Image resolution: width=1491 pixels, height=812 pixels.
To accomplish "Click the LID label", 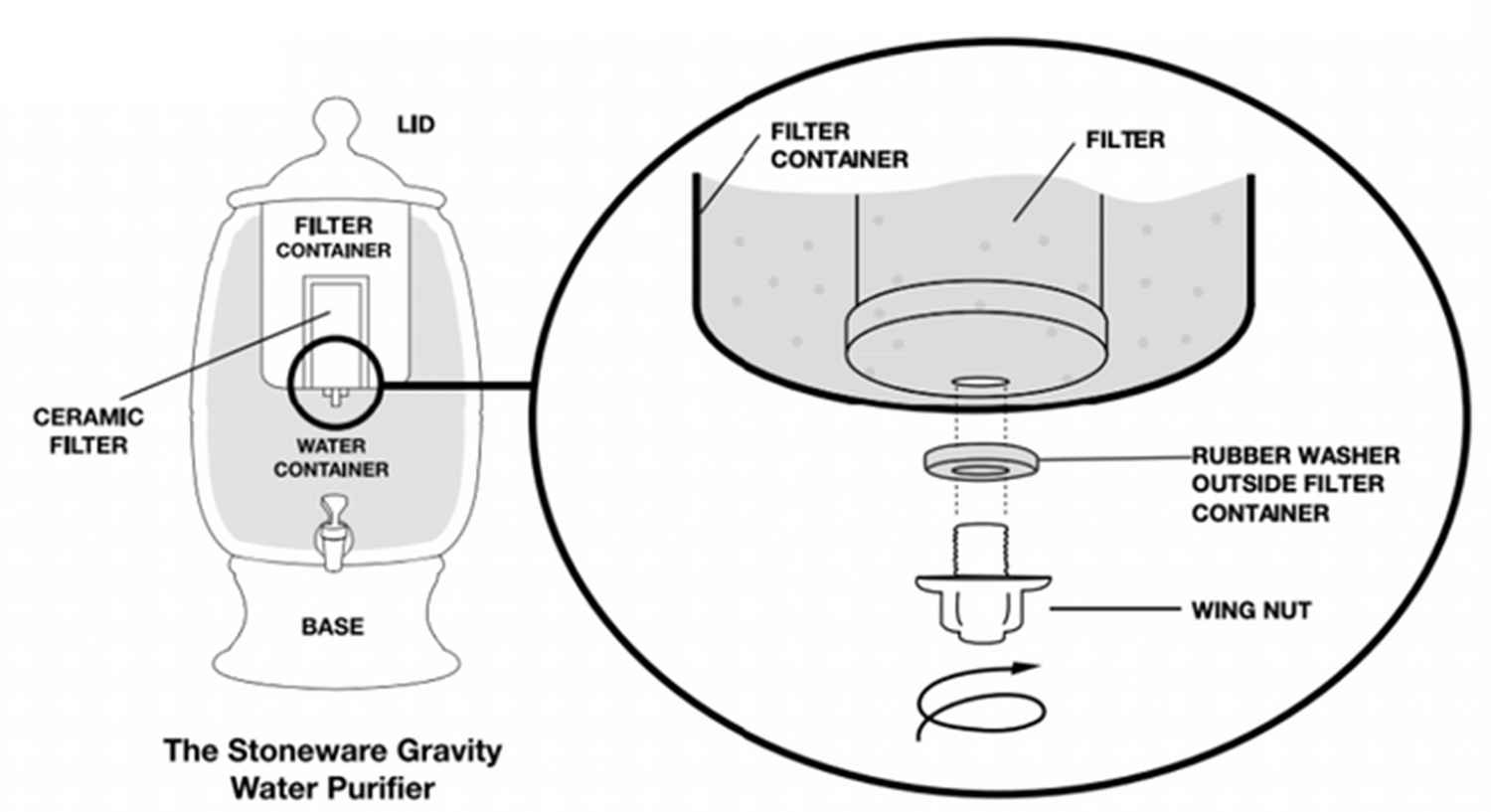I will [415, 125].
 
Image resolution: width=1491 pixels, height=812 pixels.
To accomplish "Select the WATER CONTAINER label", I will [332, 457].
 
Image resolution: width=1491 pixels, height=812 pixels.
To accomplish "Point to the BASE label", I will [332, 627].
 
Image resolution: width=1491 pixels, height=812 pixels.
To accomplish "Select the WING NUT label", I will [1250, 609].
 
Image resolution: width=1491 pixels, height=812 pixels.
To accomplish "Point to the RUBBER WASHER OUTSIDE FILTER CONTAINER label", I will [1295, 484].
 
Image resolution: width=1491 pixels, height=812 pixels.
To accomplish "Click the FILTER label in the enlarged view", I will [1124, 140].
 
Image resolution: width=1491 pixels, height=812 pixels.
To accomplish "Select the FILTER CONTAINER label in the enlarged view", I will [838, 145].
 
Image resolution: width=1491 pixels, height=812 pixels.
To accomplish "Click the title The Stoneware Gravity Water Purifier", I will [332, 768].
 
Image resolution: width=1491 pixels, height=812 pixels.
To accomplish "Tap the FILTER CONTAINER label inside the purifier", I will [333, 238].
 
